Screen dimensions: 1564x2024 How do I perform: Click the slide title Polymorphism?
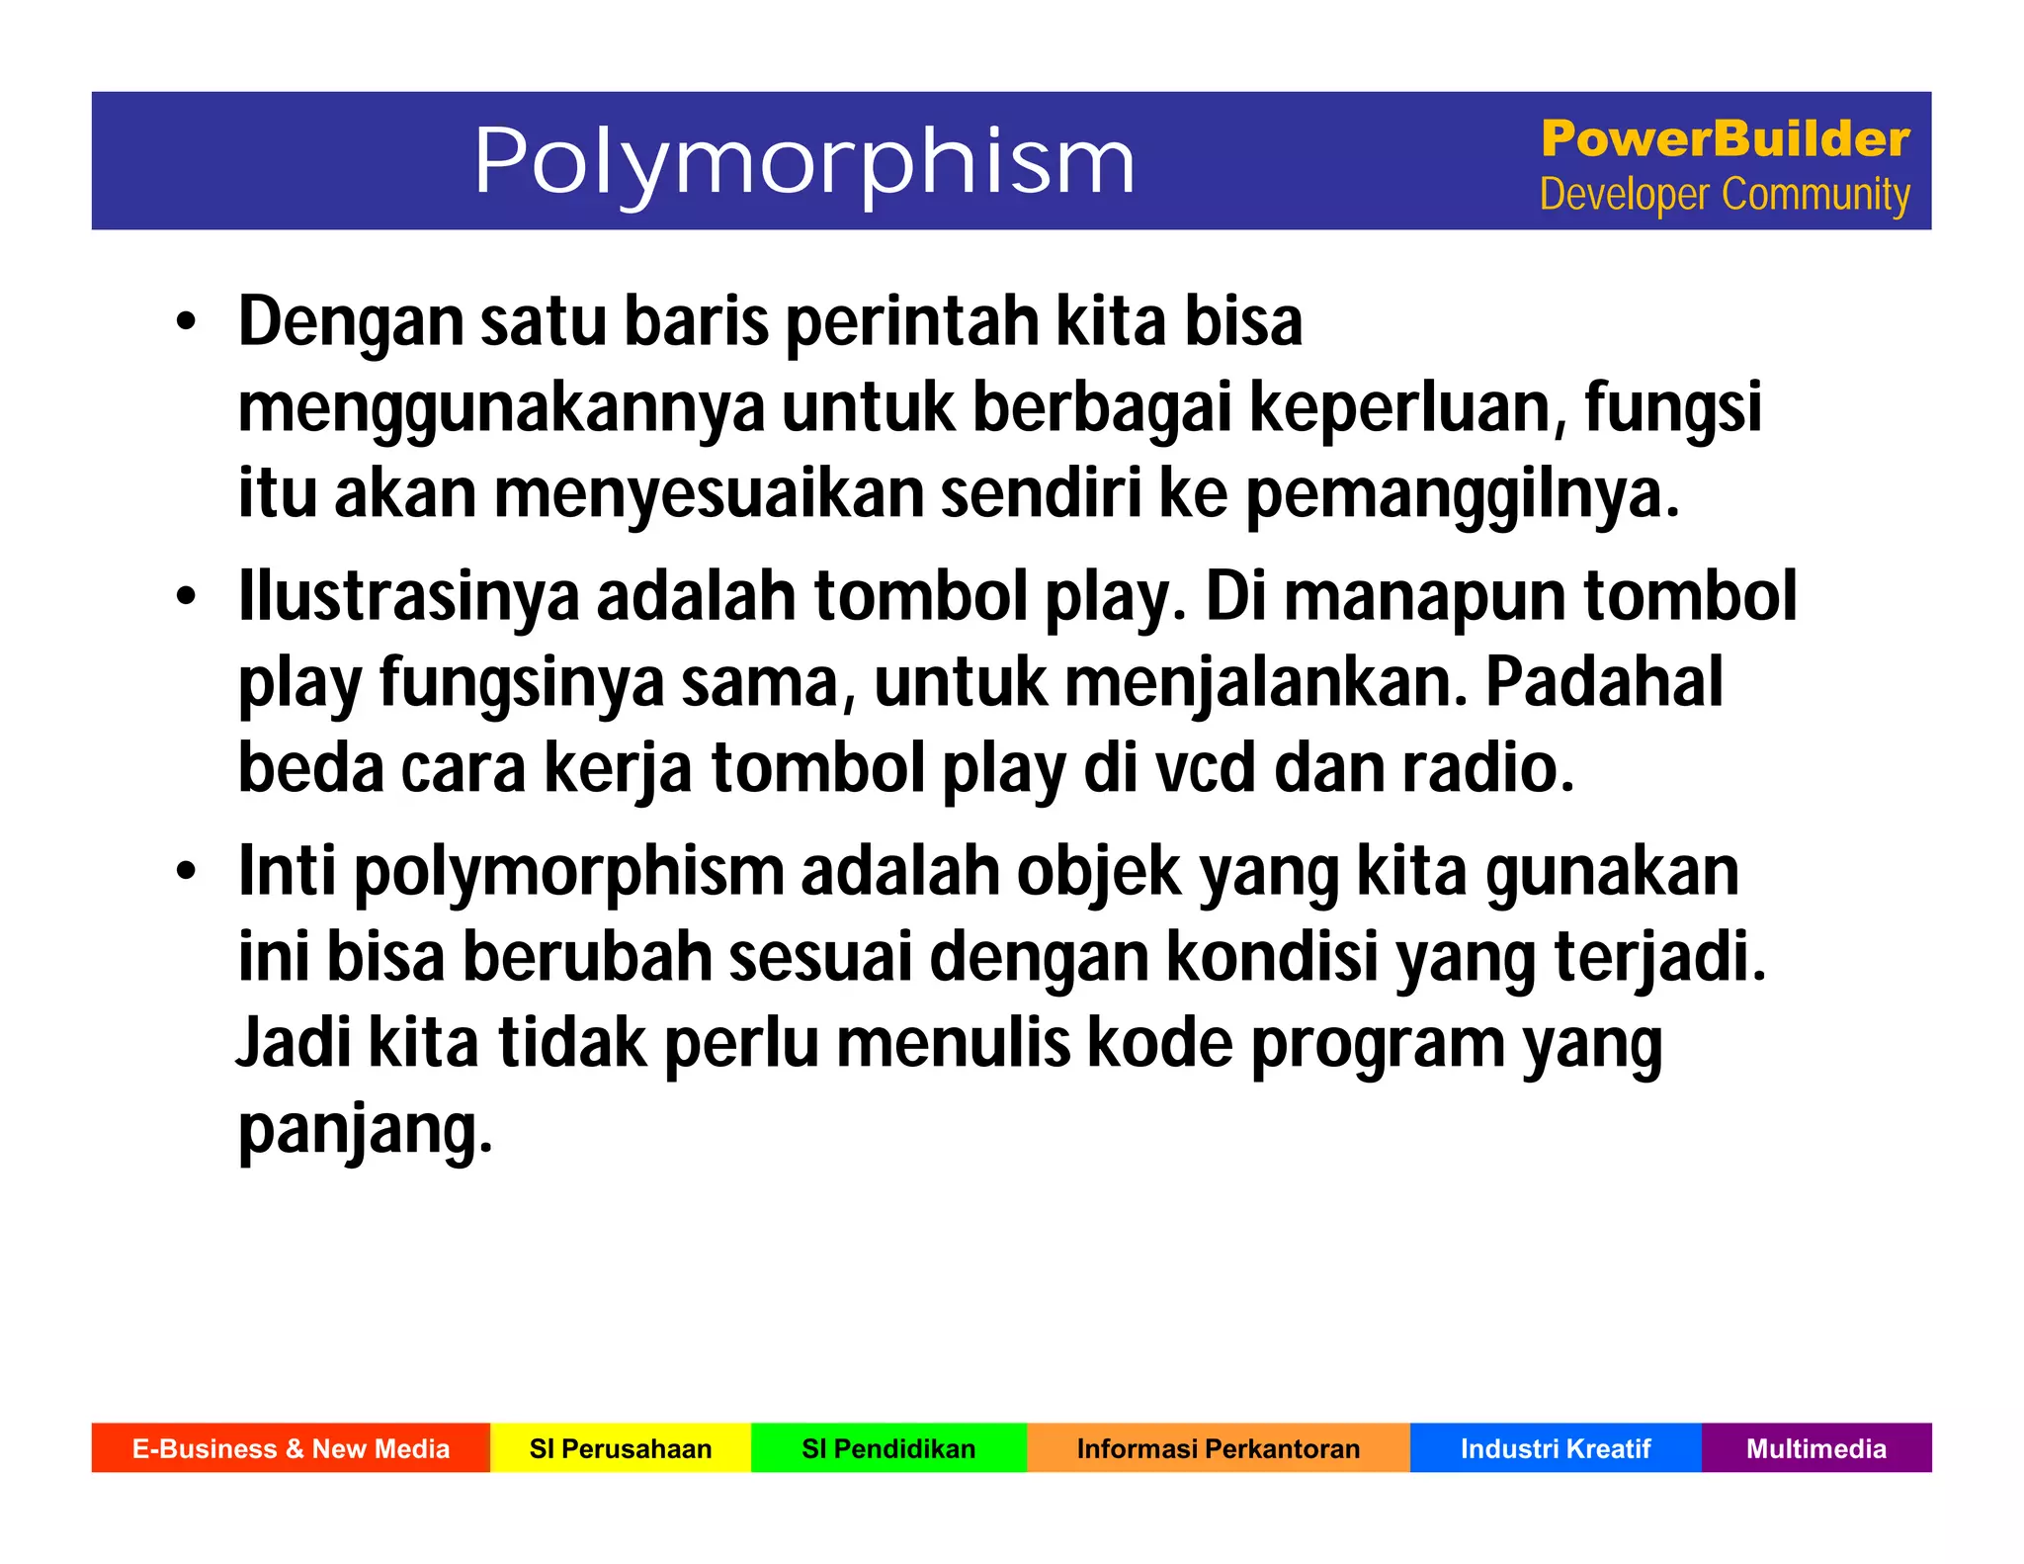(x=803, y=161)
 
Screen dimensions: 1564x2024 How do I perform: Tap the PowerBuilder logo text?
(x=1725, y=138)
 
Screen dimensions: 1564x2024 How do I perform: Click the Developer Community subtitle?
(x=1725, y=195)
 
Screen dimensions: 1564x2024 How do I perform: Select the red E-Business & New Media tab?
(x=291, y=1448)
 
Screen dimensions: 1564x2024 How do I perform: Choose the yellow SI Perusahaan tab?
(x=621, y=1448)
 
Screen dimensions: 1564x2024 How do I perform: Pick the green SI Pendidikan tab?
(x=888, y=1448)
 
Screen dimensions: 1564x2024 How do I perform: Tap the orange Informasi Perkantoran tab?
(x=1218, y=1448)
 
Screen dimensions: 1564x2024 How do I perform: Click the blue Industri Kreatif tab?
(x=1556, y=1448)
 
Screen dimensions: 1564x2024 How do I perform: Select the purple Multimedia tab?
(x=1816, y=1448)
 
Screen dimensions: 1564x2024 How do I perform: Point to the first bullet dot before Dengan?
(x=186, y=324)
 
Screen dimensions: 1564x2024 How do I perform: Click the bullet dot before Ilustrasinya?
(x=186, y=598)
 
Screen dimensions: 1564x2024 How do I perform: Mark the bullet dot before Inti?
(x=186, y=873)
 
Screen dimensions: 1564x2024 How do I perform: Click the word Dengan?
(x=351, y=323)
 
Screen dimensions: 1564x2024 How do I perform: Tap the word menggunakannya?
(x=501, y=409)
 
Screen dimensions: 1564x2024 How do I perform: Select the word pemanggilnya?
(x=1462, y=495)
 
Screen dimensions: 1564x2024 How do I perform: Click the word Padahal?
(x=1603, y=682)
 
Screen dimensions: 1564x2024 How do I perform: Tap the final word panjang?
(x=364, y=1130)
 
